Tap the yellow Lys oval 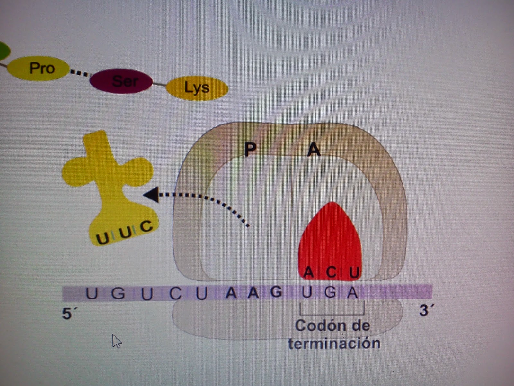[197, 87]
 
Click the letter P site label [250, 149]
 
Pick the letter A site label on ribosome [314, 150]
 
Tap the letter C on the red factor [331, 272]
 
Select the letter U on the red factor [354, 273]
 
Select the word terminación [334, 344]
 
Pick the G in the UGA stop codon [330, 293]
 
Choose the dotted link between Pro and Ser [80, 73]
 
